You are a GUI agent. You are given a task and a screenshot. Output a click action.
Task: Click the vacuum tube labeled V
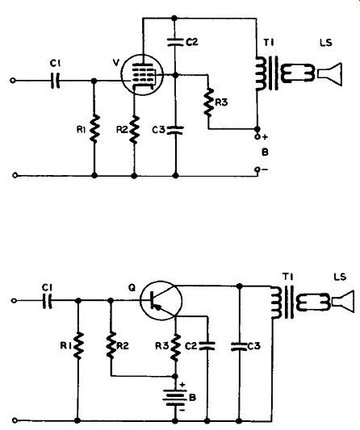point(142,74)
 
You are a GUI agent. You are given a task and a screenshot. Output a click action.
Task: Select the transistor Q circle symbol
point(161,300)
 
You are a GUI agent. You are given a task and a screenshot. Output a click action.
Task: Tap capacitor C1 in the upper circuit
point(55,81)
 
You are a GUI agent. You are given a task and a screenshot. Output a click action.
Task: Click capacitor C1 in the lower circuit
point(47,301)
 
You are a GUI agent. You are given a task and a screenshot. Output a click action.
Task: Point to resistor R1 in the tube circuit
point(94,128)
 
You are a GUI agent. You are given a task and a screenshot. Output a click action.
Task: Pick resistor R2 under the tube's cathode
point(135,130)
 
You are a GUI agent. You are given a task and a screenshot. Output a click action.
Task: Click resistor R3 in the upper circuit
point(208,102)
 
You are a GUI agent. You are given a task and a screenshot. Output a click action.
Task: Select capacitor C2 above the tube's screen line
point(175,42)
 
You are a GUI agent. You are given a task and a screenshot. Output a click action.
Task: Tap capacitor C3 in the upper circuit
point(176,130)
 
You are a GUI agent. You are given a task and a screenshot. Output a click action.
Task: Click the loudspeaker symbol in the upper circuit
point(330,74)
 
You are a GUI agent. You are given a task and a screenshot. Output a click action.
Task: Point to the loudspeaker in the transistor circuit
point(342,302)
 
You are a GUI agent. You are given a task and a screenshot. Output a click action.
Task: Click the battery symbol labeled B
point(175,397)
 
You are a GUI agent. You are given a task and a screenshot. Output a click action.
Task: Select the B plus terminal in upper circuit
point(257,136)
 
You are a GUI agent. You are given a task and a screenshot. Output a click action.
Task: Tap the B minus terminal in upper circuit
point(257,169)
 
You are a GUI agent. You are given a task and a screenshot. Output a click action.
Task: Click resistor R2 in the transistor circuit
point(111,345)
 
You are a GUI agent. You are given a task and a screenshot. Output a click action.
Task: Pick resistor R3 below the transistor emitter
point(175,347)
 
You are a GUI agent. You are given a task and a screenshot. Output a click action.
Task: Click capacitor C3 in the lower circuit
point(239,346)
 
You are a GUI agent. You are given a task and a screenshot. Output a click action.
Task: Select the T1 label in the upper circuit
point(269,43)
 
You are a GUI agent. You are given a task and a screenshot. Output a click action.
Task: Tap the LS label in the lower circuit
point(340,277)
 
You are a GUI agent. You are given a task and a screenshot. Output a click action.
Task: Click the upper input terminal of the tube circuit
point(12,81)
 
